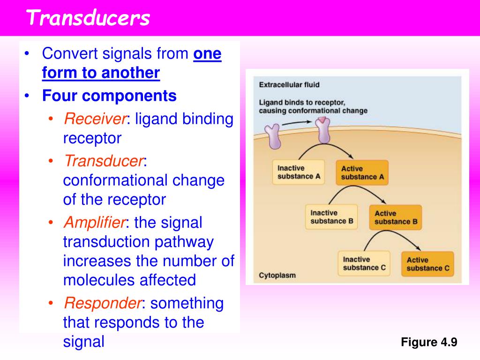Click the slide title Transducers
[88, 18]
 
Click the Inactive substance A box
[298, 172]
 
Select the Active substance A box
[362, 173]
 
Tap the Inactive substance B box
[331, 217]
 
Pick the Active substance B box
[395, 217]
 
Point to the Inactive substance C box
[364, 263]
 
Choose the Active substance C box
[427, 264]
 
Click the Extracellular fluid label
[289, 85]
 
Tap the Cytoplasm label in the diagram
[277, 275]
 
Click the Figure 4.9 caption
[429, 342]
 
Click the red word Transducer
[104, 161]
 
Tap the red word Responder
[103, 303]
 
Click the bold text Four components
[109, 96]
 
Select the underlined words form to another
[101, 73]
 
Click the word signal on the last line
[83, 342]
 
